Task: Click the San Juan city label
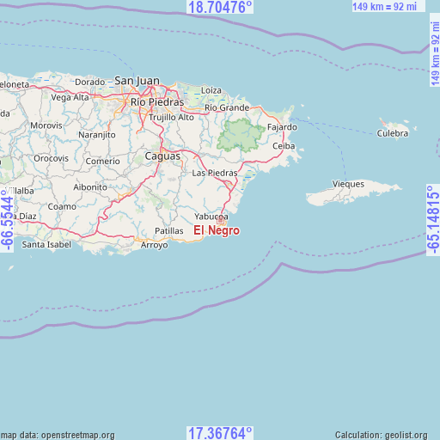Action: (x=137, y=81)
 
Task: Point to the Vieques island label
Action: (x=349, y=184)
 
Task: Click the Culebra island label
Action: (x=393, y=133)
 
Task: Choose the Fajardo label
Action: (x=282, y=127)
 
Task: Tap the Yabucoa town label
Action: (x=211, y=217)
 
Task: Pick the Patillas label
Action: (x=168, y=231)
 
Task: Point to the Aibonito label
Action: (x=90, y=186)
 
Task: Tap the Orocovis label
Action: (x=51, y=159)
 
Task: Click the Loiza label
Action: (x=211, y=89)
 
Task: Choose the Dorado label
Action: (x=89, y=82)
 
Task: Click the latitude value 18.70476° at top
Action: (x=219, y=8)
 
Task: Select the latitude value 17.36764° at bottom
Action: (x=219, y=432)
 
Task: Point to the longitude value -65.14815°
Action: (x=432, y=219)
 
